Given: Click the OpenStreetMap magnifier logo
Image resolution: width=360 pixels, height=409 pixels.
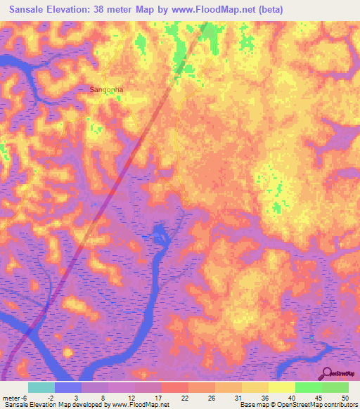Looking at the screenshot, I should (x=328, y=373).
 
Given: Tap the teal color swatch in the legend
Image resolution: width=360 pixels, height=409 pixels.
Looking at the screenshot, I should (x=41, y=387).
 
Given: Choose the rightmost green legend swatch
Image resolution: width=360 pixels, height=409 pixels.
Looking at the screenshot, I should (x=335, y=387).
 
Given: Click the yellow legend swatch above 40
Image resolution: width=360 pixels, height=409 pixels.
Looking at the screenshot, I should (x=282, y=387).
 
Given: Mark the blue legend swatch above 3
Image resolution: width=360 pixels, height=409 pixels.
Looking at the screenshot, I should (x=68, y=387).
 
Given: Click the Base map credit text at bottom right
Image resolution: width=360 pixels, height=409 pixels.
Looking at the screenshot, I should (x=298, y=404).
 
